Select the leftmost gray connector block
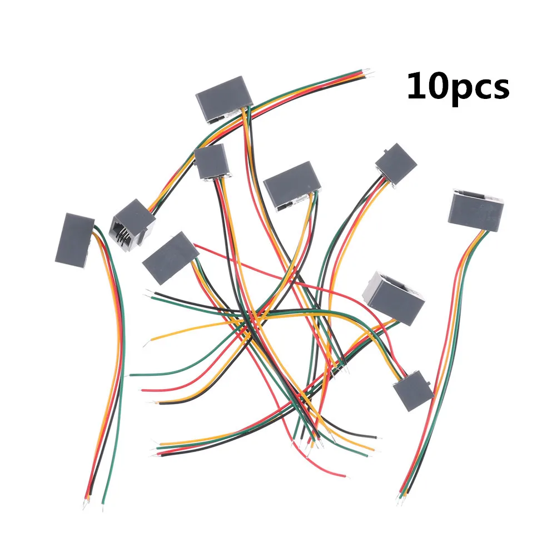(74, 238)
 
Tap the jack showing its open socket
(133, 222)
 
